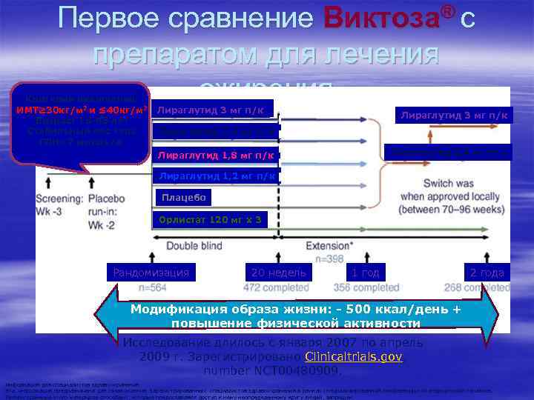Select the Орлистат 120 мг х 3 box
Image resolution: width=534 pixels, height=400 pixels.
tap(206, 219)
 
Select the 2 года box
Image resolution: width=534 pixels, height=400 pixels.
tap(487, 273)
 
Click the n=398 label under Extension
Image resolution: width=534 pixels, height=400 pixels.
tap(334, 258)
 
